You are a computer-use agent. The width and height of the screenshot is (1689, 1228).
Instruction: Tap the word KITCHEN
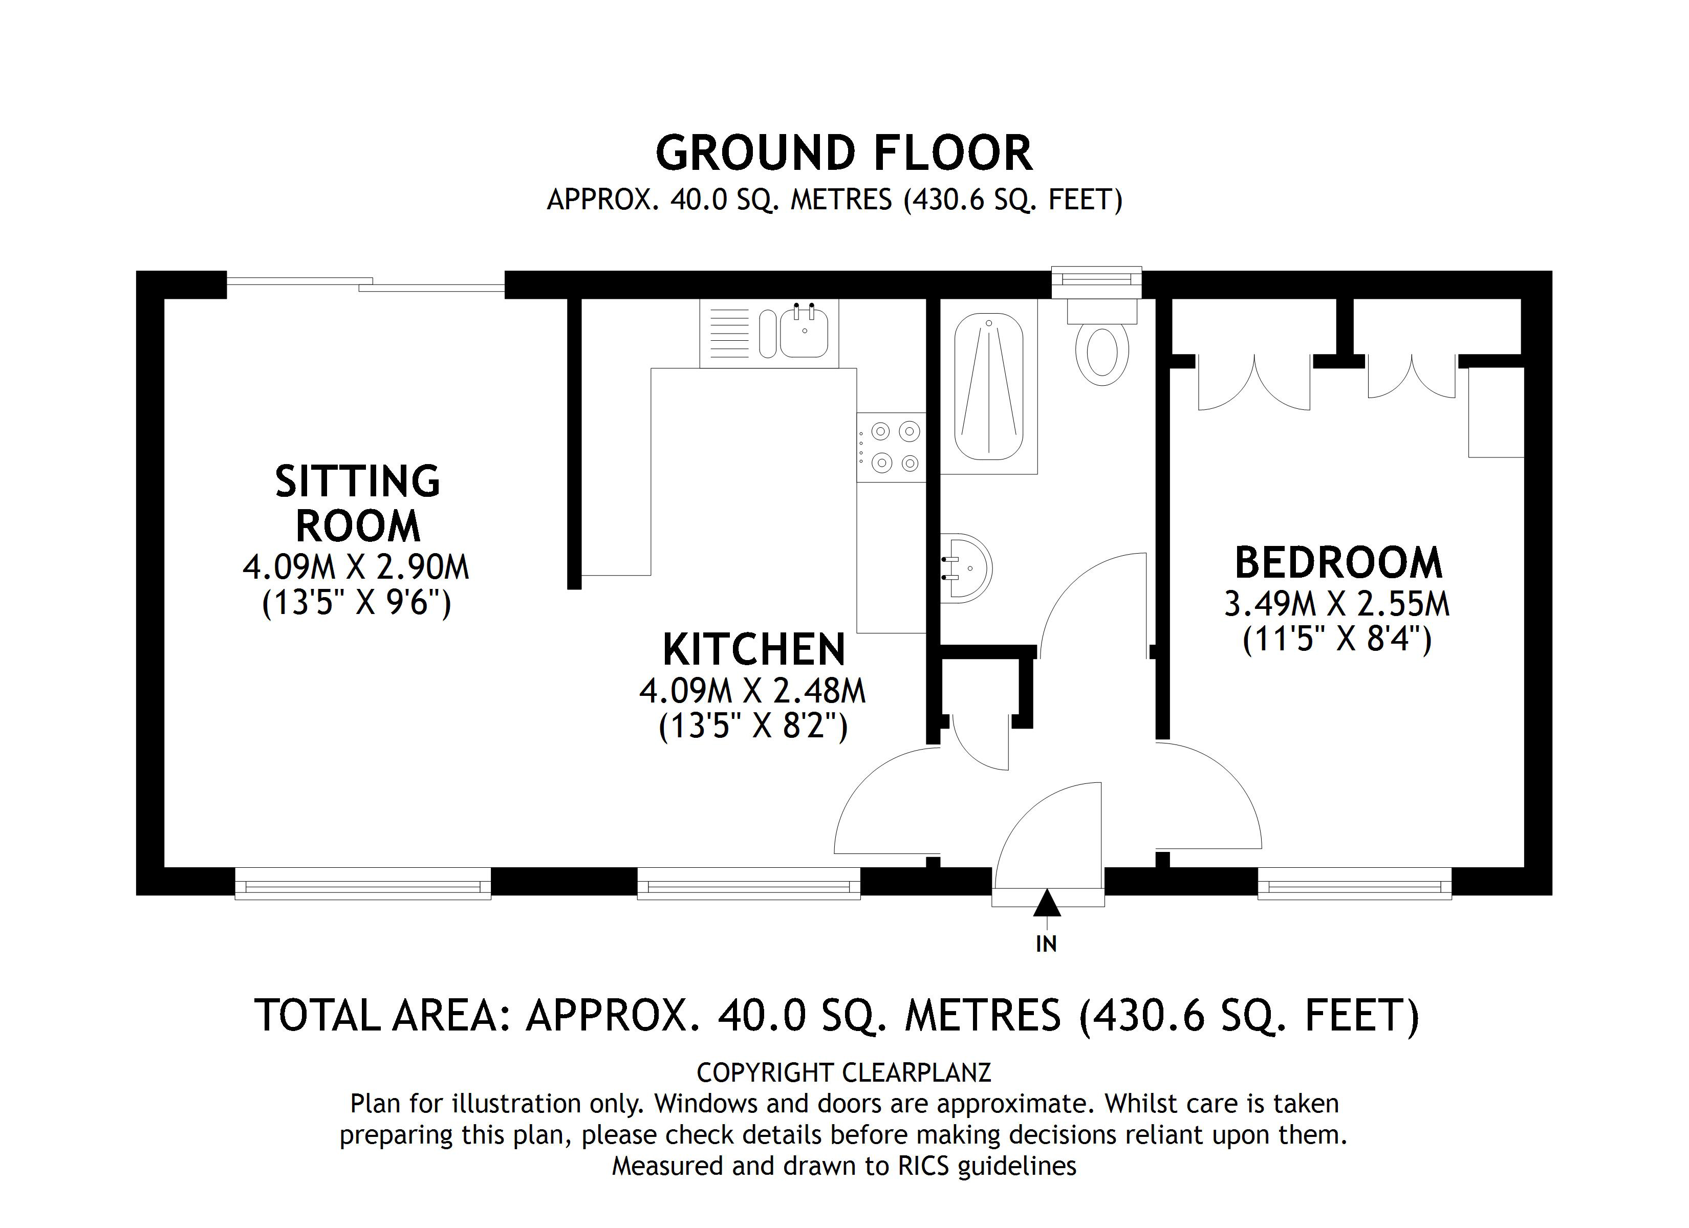753,650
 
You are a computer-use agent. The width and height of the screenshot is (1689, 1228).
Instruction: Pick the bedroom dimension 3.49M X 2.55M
1337,604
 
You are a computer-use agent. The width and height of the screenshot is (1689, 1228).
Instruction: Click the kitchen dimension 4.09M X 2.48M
753,691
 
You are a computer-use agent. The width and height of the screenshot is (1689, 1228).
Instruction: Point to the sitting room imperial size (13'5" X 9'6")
357,602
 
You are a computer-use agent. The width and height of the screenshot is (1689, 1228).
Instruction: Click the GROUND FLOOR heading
844,153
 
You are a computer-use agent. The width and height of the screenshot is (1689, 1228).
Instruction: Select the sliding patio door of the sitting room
365,284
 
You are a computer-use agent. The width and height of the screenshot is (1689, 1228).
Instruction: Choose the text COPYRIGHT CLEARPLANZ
844,1073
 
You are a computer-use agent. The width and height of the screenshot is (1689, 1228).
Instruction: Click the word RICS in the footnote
923,1166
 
